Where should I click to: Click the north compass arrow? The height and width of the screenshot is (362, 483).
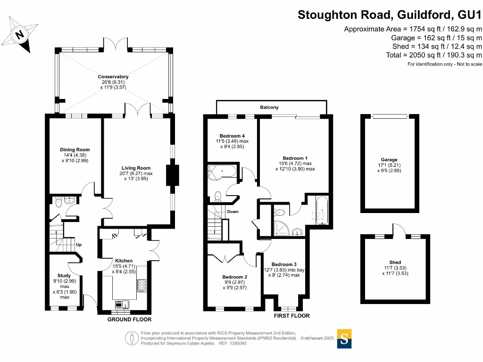click(x=19, y=35)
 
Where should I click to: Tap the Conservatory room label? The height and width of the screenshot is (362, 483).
click(x=113, y=77)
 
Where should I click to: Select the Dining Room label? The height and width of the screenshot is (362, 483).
click(x=75, y=150)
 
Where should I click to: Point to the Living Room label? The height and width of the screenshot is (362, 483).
click(x=136, y=168)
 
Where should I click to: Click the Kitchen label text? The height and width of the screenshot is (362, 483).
click(x=124, y=261)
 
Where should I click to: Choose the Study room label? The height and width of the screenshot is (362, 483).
click(x=64, y=276)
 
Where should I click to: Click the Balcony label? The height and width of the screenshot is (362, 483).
click(x=269, y=107)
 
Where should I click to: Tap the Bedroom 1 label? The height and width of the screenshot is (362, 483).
click(x=295, y=158)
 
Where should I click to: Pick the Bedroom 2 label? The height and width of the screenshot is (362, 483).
click(x=234, y=277)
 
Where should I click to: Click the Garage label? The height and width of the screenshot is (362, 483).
click(x=390, y=160)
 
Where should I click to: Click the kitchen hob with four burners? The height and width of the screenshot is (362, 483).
click(x=142, y=284)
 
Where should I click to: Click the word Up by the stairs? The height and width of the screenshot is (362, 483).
click(x=79, y=245)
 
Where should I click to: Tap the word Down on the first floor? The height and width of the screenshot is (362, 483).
click(x=233, y=212)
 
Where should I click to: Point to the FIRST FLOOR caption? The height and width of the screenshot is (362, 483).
click(x=292, y=316)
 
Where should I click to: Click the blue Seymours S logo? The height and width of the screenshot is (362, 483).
click(x=344, y=338)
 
